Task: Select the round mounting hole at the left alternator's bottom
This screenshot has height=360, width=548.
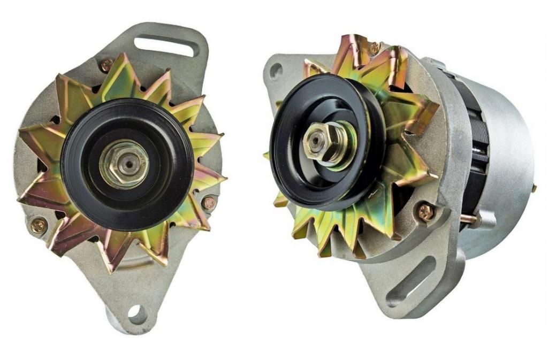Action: tap(137, 314)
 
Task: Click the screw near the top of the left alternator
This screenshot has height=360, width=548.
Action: tap(106, 65)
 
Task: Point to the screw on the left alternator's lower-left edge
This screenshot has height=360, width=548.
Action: tap(39, 225)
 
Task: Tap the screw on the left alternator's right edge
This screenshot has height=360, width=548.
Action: tap(209, 203)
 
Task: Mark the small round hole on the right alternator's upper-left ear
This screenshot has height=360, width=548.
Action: tap(276, 71)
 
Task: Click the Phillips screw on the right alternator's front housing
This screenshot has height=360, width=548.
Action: tap(425, 212)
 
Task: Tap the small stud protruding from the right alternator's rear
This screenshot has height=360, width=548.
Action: tap(534, 188)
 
